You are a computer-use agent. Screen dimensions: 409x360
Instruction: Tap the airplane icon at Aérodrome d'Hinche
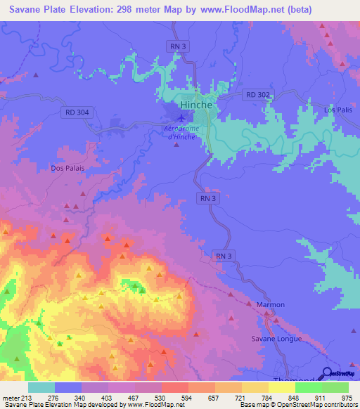click(x=183, y=118)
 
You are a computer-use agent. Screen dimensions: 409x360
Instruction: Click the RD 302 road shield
click(x=257, y=94)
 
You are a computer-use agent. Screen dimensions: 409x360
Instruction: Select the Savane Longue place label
click(x=276, y=339)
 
